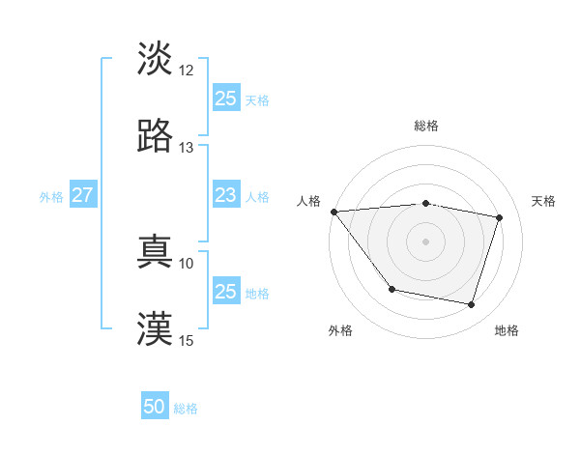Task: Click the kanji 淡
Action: [x=155, y=59]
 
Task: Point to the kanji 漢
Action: [x=155, y=329]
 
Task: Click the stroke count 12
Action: [x=187, y=71]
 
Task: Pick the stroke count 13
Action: [x=187, y=148]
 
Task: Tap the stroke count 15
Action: [x=187, y=340]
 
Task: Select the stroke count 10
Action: [x=187, y=263]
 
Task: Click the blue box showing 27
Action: [x=82, y=195]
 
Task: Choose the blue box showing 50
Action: [x=155, y=407]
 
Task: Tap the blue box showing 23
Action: [x=226, y=195]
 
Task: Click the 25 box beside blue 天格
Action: [x=226, y=98]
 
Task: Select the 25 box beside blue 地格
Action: [x=226, y=291]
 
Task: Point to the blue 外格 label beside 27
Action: [x=51, y=197]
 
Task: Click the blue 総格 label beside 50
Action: [x=186, y=409]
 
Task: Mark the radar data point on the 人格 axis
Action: [x=333, y=212]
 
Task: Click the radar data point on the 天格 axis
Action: [x=499, y=217]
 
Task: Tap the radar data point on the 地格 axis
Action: [x=471, y=304]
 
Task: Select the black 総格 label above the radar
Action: [x=426, y=126]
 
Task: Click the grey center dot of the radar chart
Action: [x=425, y=241]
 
